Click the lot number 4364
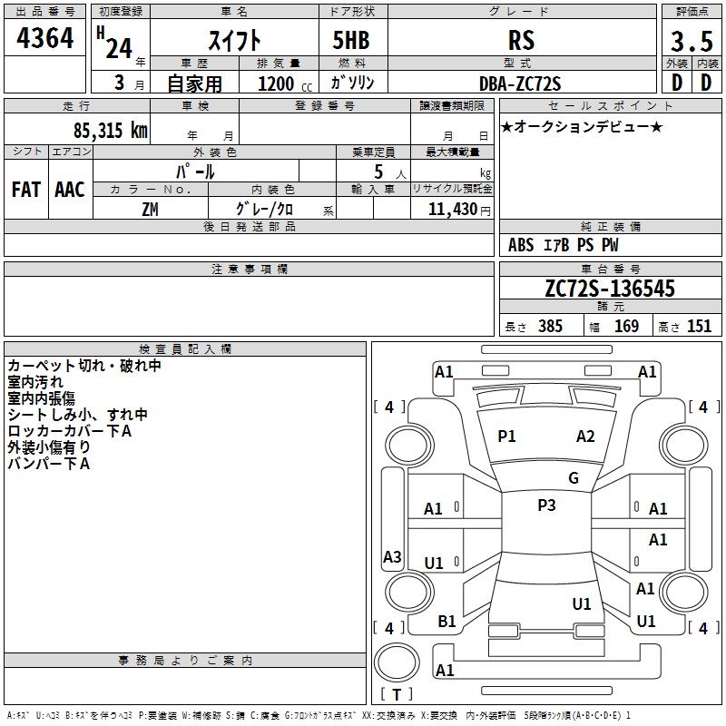pyautogui.click(x=44, y=38)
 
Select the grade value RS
pyautogui.click(x=521, y=40)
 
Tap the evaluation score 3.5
pyautogui.click(x=692, y=41)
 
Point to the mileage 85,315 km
pyautogui.click(x=111, y=131)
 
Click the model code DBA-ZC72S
pyautogui.click(x=520, y=83)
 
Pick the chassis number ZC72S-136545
pyautogui.click(x=610, y=289)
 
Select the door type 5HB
pyautogui.click(x=351, y=40)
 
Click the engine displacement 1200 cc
pyautogui.click(x=285, y=83)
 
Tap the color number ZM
pyautogui.click(x=150, y=210)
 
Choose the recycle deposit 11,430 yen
pyautogui.click(x=459, y=210)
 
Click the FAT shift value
pyautogui.click(x=26, y=190)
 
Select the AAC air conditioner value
pyautogui.click(x=70, y=190)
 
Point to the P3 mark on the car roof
pyautogui.click(x=546, y=505)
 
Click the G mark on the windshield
pyautogui.click(x=574, y=478)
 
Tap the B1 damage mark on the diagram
pyautogui.click(x=446, y=622)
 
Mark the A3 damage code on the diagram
pyautogui.click(x=392, y=556)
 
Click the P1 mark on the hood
pyautogui.click(x=506, y=437)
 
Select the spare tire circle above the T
pyautogui.click(x=397, y=662)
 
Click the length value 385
pyautogui.click(x=550, y=326)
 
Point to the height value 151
pyautogui.click(x=699, y=326)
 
